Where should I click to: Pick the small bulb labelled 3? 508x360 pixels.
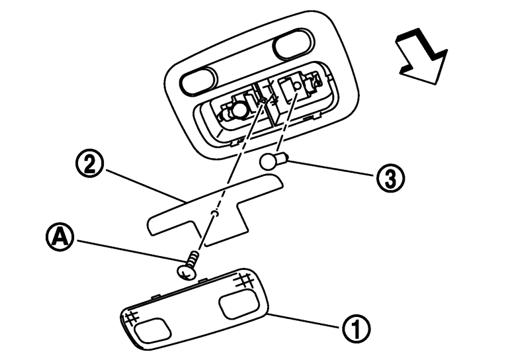tap(272, 161)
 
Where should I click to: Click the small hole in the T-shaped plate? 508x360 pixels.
tap(213, 214)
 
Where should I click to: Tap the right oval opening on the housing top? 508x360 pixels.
tap(292, 48)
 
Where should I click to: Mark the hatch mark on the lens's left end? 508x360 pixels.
tap(131, 317)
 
